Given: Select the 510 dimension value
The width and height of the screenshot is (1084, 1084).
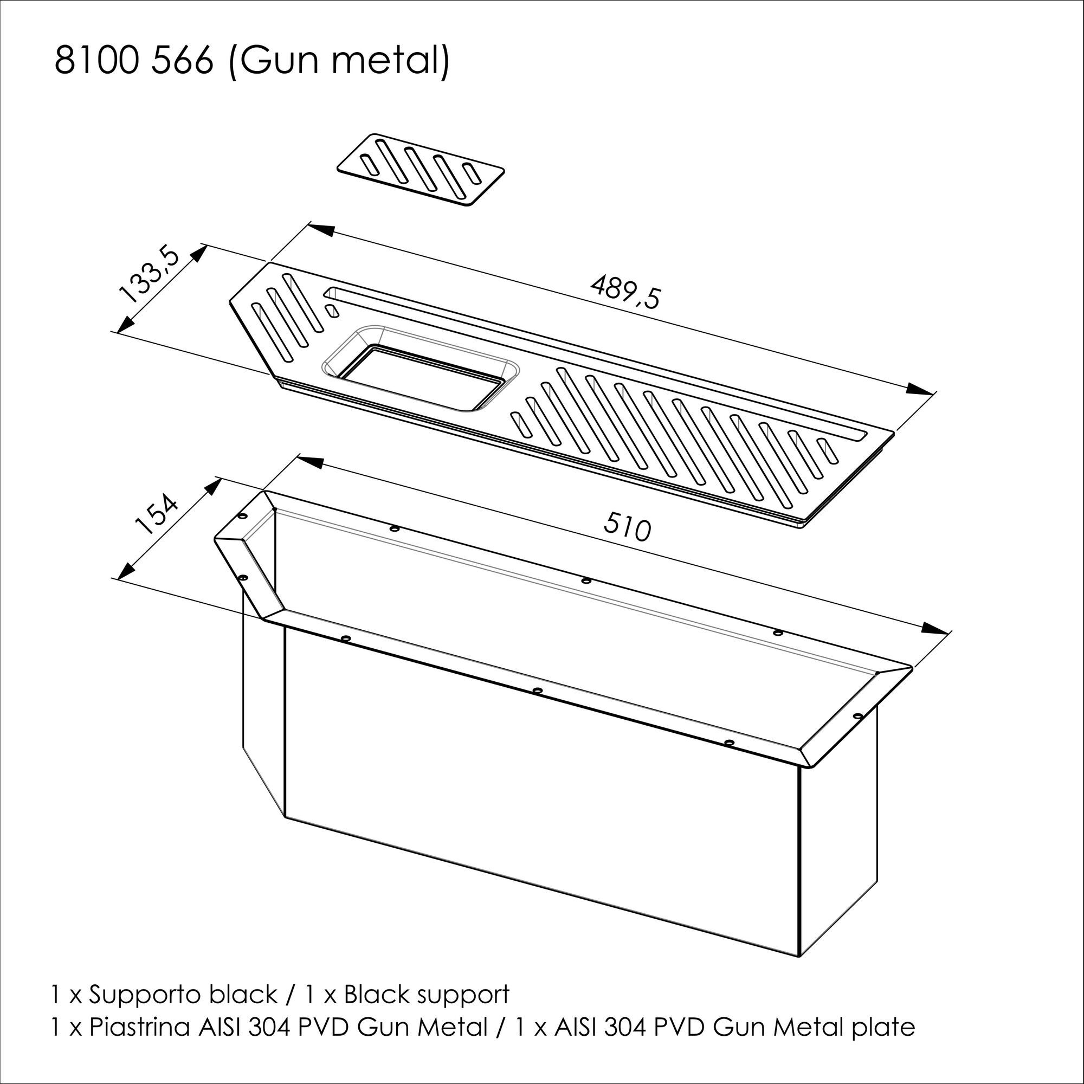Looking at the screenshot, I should (627, 528).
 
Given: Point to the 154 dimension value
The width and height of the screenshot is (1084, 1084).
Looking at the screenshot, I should (157, 514).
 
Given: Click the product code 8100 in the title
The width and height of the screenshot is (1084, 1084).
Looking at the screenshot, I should (95, 61).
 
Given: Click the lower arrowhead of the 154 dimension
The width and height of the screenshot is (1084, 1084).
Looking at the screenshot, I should (126, 571).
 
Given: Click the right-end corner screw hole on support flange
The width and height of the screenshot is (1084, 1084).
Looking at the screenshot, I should (857, 717).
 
